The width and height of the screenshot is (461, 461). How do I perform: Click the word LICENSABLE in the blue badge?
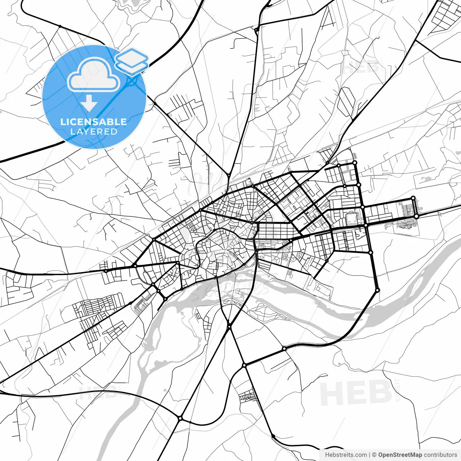94,122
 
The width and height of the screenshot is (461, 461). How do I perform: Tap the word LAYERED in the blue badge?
94,131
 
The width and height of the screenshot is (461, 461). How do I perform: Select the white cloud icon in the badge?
94,75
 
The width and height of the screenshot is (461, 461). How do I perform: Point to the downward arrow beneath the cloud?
89,104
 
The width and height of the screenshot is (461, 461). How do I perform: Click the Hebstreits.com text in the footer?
346,455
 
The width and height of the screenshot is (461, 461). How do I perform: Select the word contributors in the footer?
440,455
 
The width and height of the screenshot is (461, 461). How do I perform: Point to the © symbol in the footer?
374,455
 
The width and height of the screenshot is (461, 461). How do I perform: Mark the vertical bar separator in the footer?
370,455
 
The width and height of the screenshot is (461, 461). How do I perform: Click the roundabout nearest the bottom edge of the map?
180,418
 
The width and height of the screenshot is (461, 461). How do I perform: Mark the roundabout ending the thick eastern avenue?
416,216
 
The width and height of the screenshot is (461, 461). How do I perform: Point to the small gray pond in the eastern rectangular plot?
428,179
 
